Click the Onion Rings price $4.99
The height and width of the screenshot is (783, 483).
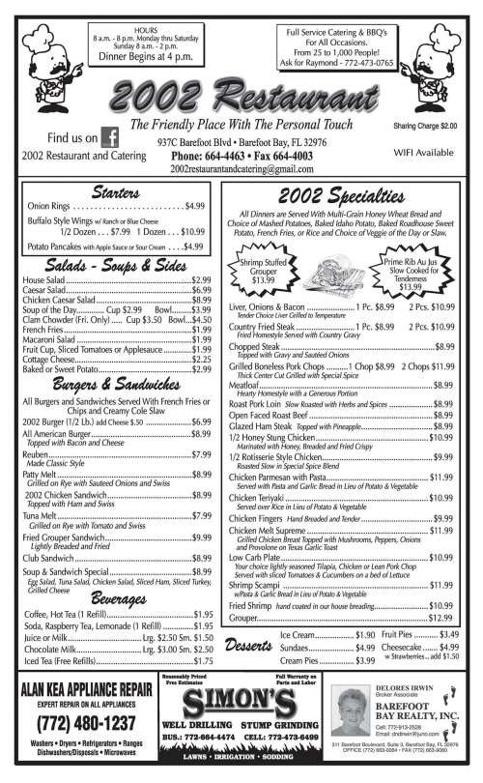(x=195, y=206)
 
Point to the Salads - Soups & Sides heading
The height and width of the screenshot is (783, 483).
(x=116, y=265)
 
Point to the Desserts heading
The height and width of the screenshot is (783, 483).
(x=246, y=646)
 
